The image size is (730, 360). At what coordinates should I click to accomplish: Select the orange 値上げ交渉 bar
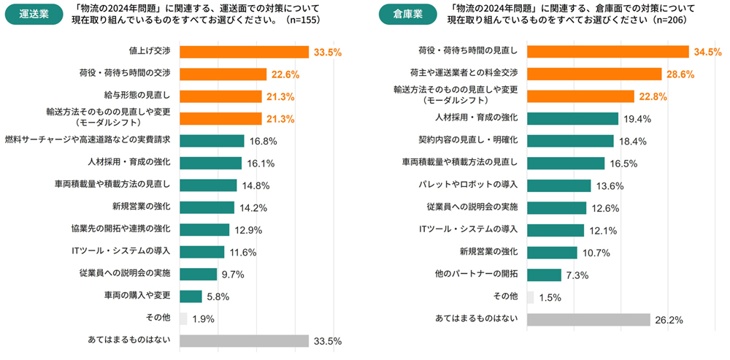pos(244,52)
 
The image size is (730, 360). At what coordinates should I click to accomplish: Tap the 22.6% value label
pos(283,74)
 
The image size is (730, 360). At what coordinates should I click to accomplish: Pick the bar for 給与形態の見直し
pos(220,96)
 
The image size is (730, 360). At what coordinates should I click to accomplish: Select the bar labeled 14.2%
pos(207,207)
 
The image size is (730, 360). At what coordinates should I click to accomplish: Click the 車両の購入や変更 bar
pos(191,296)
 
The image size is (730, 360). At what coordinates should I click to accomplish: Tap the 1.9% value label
pos(204,319)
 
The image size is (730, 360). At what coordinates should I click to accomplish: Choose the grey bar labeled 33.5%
pos(244,341)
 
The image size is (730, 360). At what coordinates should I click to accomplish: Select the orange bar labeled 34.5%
pos(607,52)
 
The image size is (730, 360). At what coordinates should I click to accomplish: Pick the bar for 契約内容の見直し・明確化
pos(570,141)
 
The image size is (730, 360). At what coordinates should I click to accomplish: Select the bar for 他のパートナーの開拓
pos(544,275)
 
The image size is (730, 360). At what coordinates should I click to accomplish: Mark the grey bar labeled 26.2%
pos(588,319)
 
